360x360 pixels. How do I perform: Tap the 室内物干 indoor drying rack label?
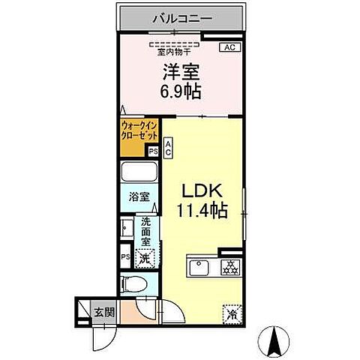[x=177, y=52]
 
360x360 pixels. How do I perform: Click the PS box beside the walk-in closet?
[x=154, y=151]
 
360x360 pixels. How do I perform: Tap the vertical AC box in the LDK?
[x=169, y=148]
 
